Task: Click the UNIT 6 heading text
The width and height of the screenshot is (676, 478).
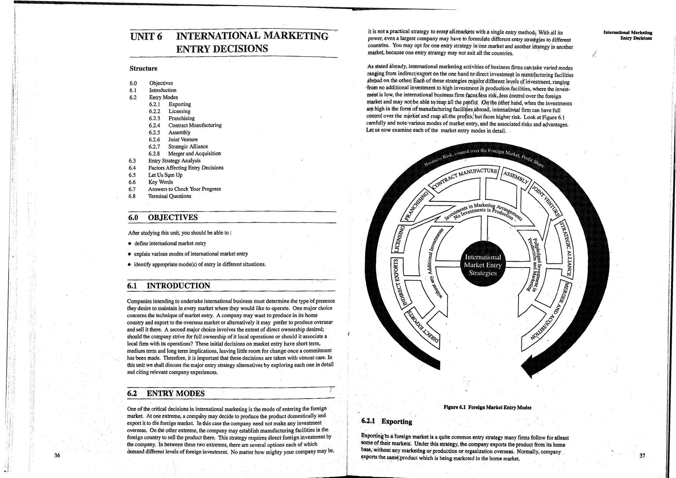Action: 146,36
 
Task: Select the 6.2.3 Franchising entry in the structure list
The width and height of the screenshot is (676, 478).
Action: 172,118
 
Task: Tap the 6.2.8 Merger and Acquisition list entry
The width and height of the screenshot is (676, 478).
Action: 185,154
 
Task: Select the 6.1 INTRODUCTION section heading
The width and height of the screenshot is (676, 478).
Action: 169,286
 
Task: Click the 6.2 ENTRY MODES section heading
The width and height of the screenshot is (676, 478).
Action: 166,393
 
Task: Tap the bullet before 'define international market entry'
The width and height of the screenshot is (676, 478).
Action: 130,244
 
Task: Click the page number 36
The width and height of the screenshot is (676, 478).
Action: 57,456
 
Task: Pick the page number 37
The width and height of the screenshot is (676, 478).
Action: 642,456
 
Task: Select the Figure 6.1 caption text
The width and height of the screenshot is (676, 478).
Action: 487,407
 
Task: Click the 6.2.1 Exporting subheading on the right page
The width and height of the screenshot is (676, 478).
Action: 387,421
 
